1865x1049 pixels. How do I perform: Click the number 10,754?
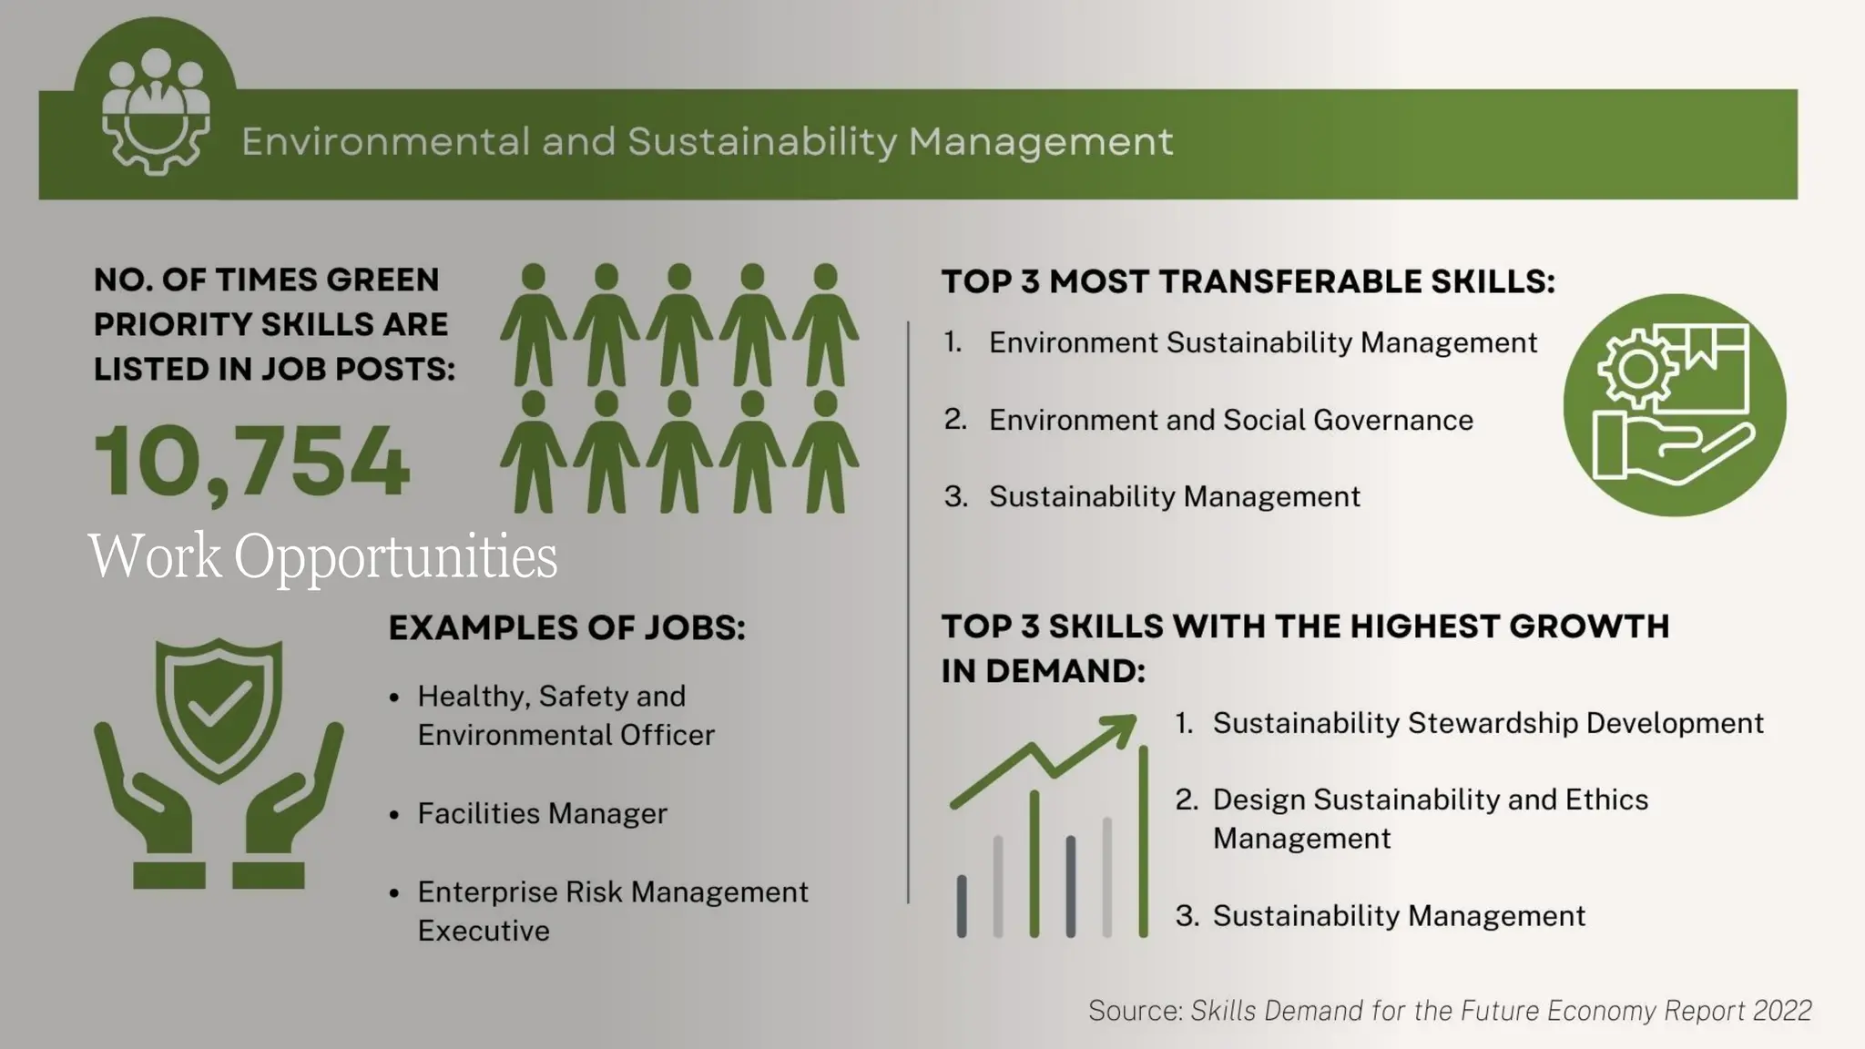251,462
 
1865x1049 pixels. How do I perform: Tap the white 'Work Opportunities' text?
322,555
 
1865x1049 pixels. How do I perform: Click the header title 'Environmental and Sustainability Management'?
707,142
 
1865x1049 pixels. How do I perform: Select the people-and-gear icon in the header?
156,109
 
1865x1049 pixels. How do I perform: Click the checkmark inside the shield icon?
219,705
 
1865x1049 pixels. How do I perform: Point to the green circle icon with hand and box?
1674,405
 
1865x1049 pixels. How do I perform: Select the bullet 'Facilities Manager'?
542,813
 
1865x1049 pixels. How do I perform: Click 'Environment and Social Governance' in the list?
1230,420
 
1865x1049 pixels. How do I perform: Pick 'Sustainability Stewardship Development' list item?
1487,723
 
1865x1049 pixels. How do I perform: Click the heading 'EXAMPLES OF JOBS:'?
566,627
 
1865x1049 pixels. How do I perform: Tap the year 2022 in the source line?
1782,1011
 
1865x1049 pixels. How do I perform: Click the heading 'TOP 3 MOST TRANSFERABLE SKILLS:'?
1248,281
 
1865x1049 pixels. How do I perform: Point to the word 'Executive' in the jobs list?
484,931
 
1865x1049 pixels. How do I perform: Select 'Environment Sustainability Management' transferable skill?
1262,342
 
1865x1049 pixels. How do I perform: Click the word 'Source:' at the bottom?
1135,1011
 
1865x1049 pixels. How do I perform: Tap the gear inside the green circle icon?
1637,369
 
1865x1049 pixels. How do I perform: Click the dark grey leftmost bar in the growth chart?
962,905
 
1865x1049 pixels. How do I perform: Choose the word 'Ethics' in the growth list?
1606,799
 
